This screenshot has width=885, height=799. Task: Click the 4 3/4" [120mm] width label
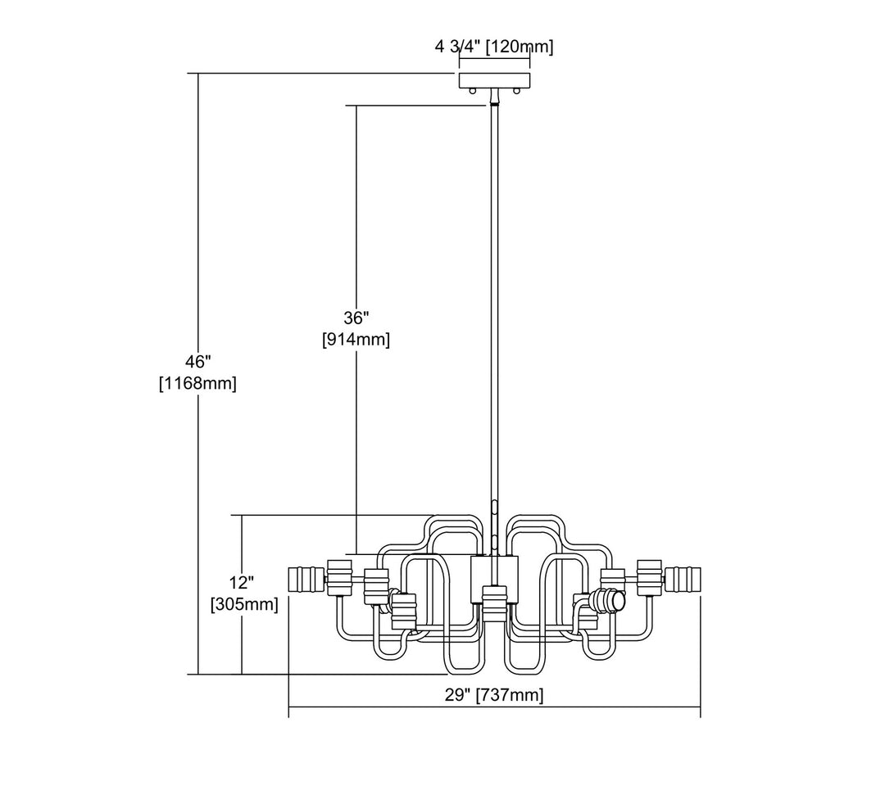pyautogui.click(x=494, y=47)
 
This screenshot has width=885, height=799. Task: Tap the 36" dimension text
pyautogui.click(x=356, y=318)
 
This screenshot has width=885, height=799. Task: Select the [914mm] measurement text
pyautogui.click(x=356, y=339)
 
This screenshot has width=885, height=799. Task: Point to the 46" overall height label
pyautogui.click(x=197, y=361)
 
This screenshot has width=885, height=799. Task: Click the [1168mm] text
pyautogui.click(x=197, y=382)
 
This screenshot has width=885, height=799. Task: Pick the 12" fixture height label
pyautogui.click(x=243, y=584)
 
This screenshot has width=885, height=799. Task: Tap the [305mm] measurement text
pyautogui.click(x=243, y=605)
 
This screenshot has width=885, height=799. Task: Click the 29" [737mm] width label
pyautogui.click(x=494, y=696)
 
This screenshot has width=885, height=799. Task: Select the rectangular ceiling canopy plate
pyautogui.click(x=495, y=80)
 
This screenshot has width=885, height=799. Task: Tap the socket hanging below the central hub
pyautogui.click(x=493, y=604)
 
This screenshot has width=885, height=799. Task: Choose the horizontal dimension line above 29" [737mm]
pyautogui.click(x=494, y=708)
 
